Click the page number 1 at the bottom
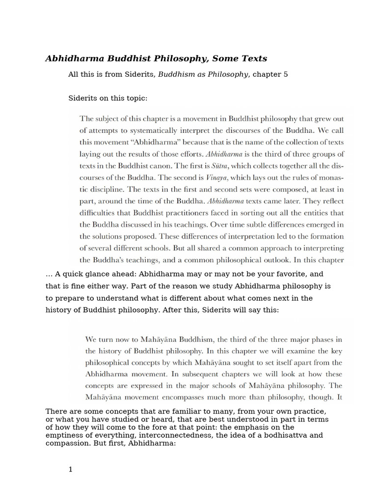click(x=71, y=470)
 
